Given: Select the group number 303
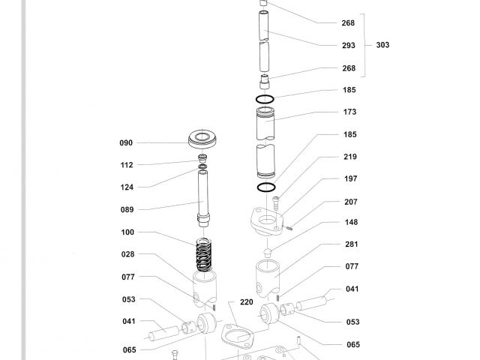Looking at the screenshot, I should click(382, 45).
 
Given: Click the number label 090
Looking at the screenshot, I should click(126, 142).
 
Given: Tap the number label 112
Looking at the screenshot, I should click(126, 164).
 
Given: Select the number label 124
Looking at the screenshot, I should click(126, 186).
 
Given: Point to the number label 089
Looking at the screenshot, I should click(126, 209).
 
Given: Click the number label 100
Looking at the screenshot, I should click(126, 232).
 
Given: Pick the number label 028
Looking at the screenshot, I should click(126, 254).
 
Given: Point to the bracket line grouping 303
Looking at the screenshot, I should click(364, 45).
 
